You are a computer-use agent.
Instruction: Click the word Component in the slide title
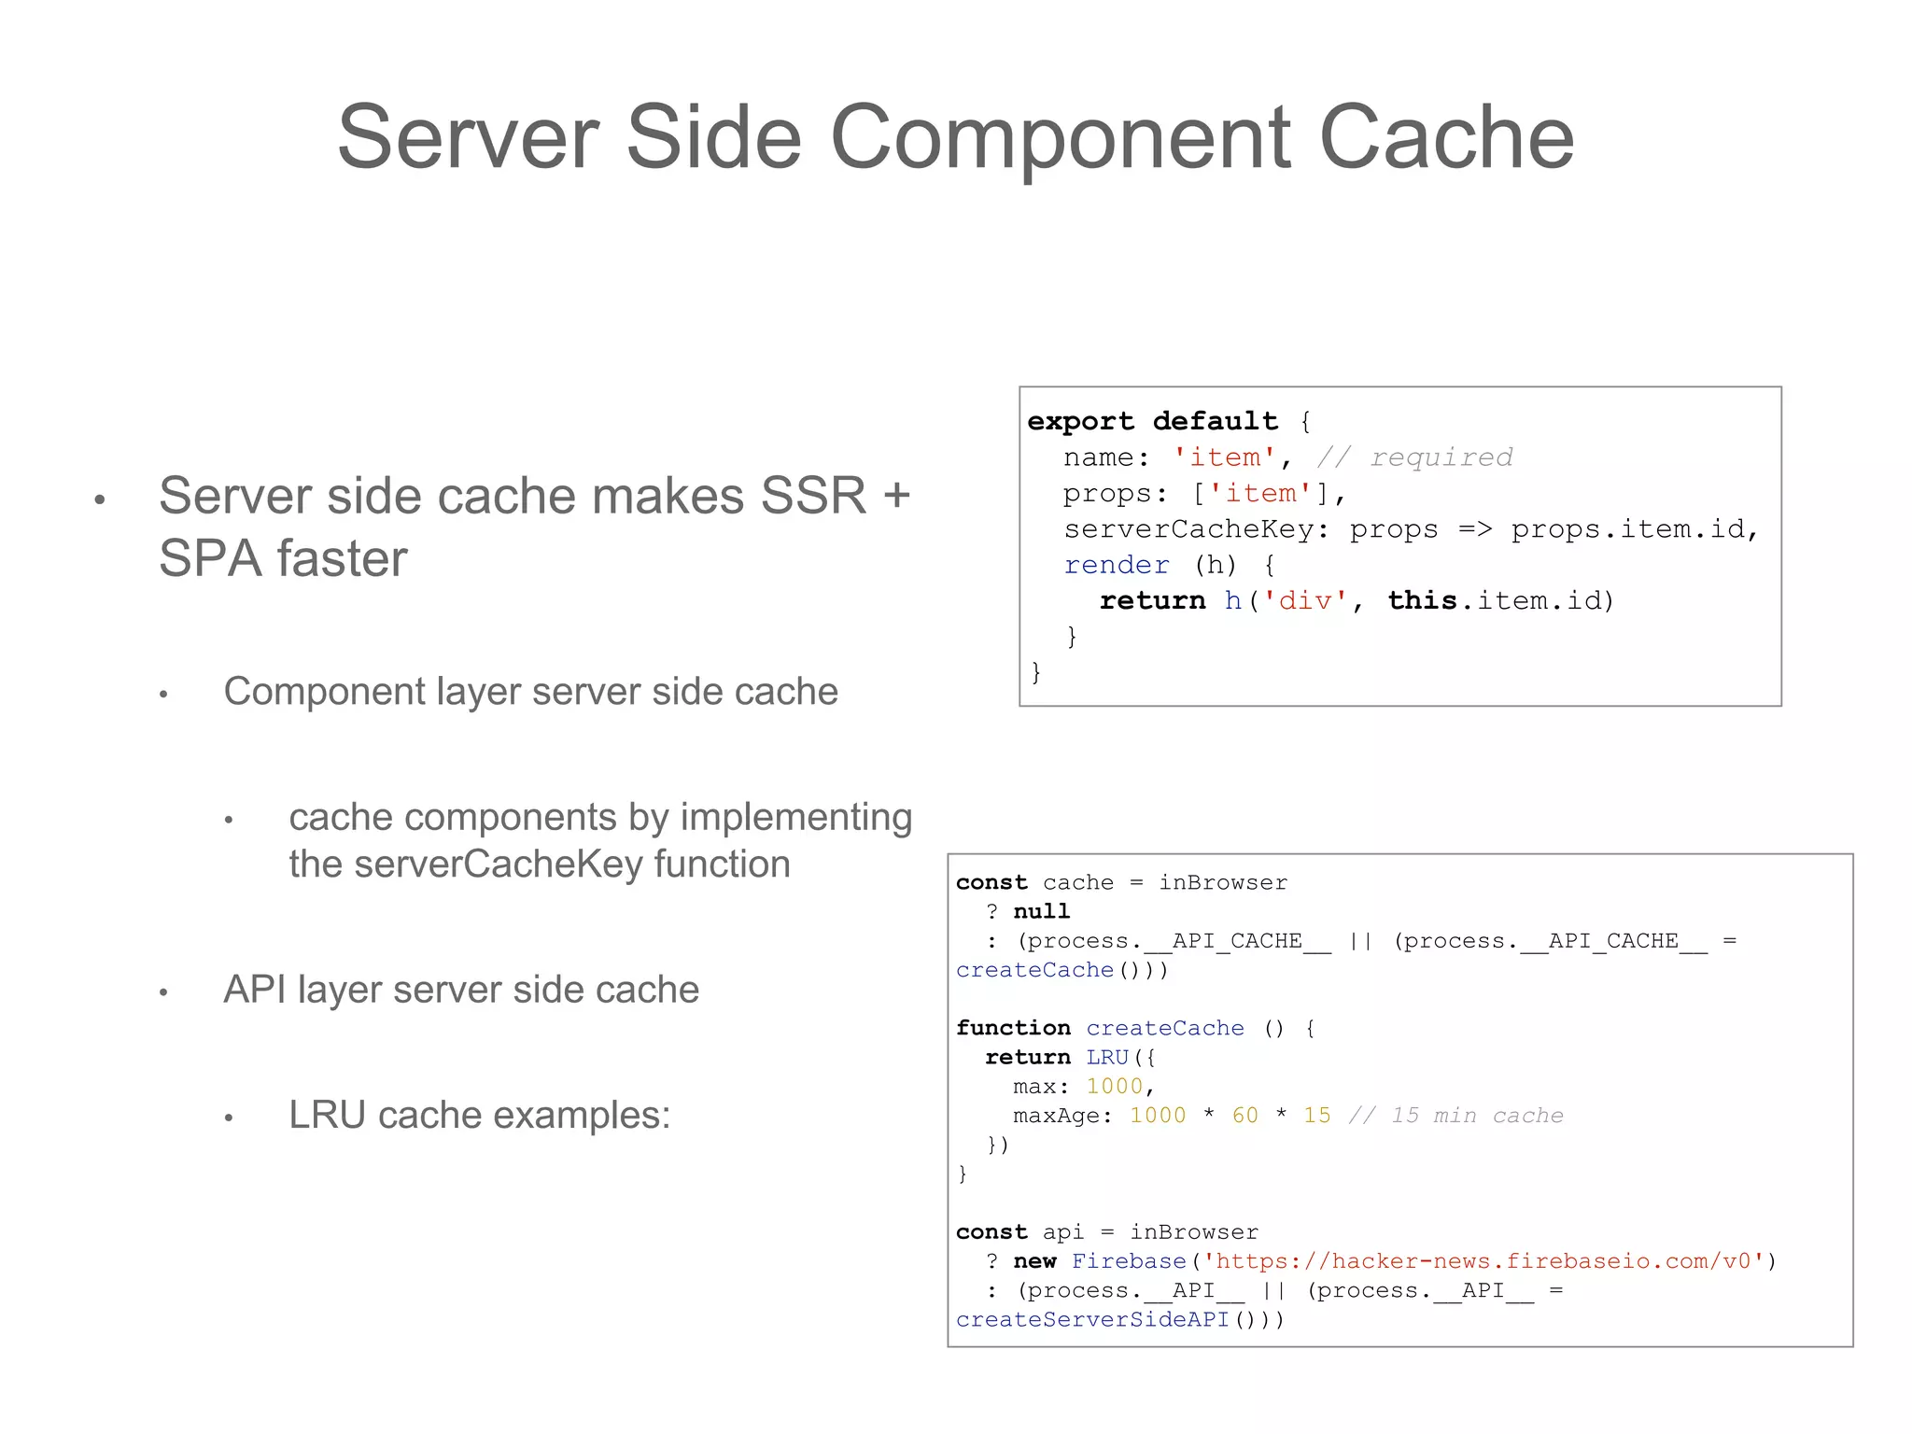(x=1060, y=138)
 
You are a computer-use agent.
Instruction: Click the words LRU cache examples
(x=480, y=1115)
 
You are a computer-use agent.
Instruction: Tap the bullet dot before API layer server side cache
(x=163, y=992)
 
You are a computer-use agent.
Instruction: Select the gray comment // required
(x=1414, y=457)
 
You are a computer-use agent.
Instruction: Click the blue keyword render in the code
(x=1117, y=565)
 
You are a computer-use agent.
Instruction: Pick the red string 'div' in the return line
(x=1305, y=600)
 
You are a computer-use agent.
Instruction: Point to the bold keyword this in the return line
(x=1422, y=600)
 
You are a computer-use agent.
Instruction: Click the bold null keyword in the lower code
(x=1042, y=911)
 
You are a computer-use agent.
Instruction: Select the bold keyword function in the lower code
(x=1013, y=1028)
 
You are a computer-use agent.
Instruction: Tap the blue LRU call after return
(x=1108, y=1057)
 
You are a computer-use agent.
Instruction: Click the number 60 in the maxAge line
(x=1244, y=1116)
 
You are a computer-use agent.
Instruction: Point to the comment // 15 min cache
(x=1455, y=1116)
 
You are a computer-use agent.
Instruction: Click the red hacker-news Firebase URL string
(x=1488, y=1261)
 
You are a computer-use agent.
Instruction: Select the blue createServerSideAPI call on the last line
(x=1092, y=1320)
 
